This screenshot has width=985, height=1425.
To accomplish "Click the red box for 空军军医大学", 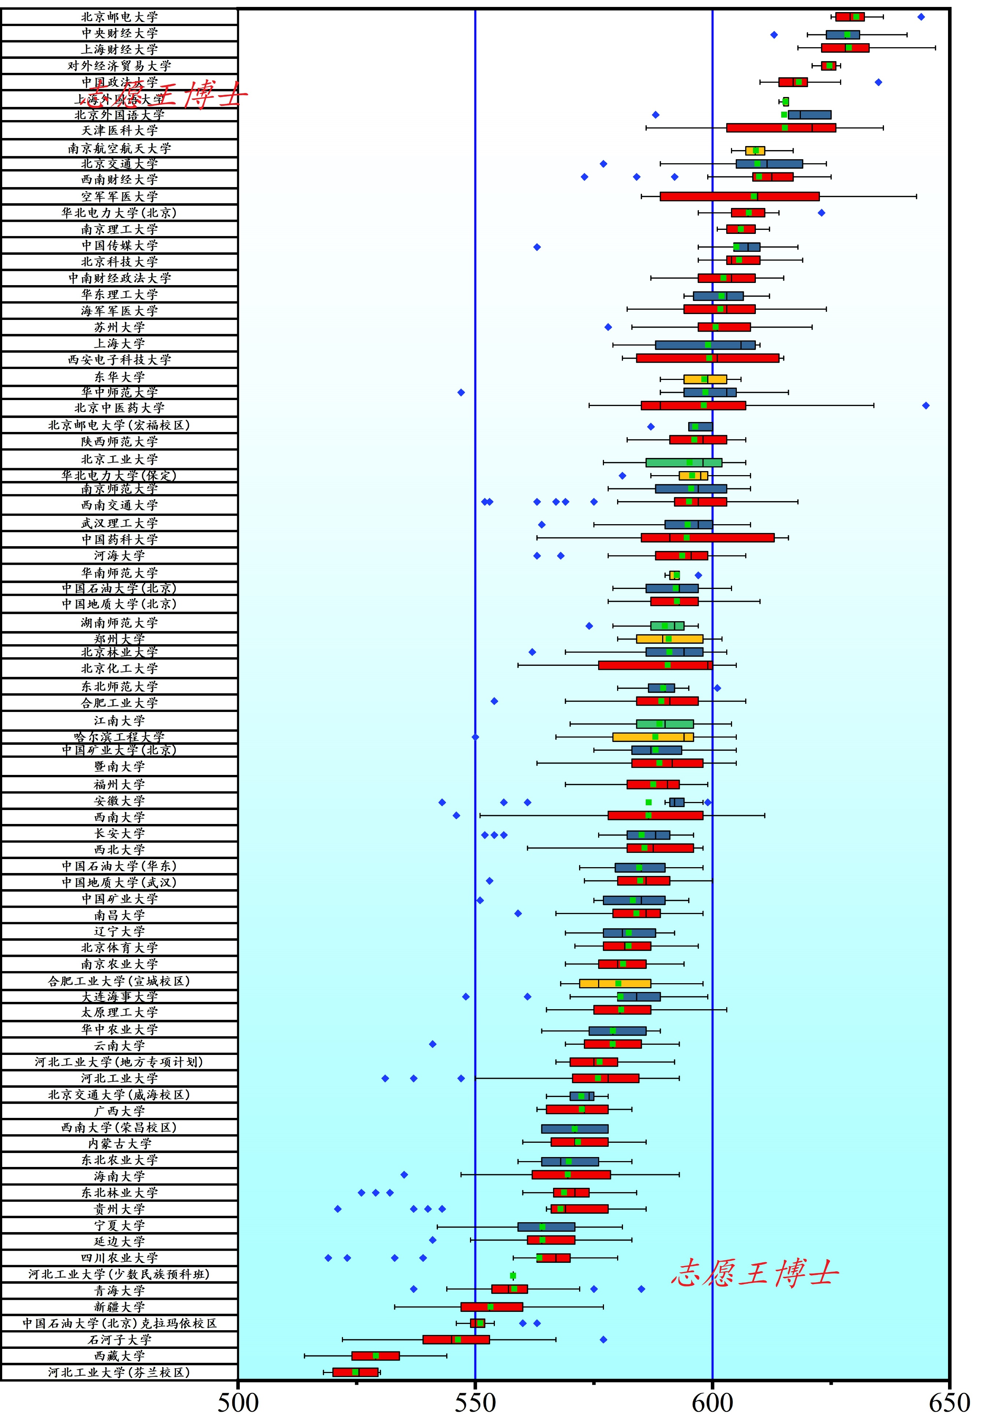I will (739, 196).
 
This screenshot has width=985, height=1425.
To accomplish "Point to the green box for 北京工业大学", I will (684, 462).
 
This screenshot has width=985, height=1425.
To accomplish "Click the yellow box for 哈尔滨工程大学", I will (653, 737).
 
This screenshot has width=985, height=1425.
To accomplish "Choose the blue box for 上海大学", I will (705, 345).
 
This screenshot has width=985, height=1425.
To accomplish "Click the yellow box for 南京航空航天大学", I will (755, 150).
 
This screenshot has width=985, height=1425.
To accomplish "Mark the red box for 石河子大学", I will (456, 1339).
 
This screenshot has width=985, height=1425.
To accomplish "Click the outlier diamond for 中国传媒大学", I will (537, 247).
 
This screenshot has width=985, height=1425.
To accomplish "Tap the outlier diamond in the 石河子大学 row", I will (604, 1339).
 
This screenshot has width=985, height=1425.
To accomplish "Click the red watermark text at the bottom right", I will (755, 1273).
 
